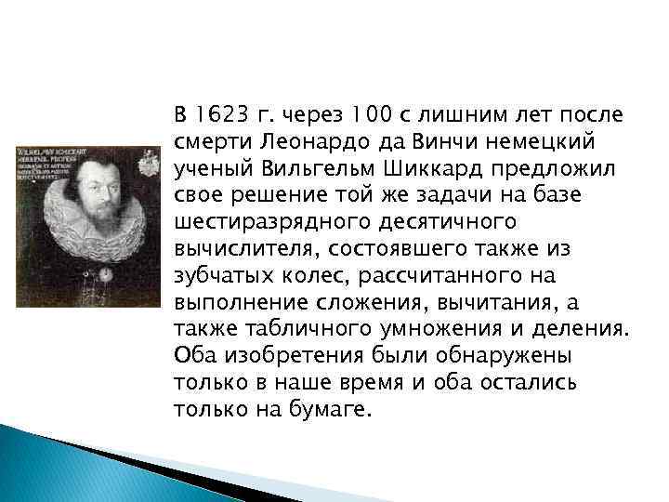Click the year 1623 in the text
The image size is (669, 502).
click(x=219, y=115)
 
